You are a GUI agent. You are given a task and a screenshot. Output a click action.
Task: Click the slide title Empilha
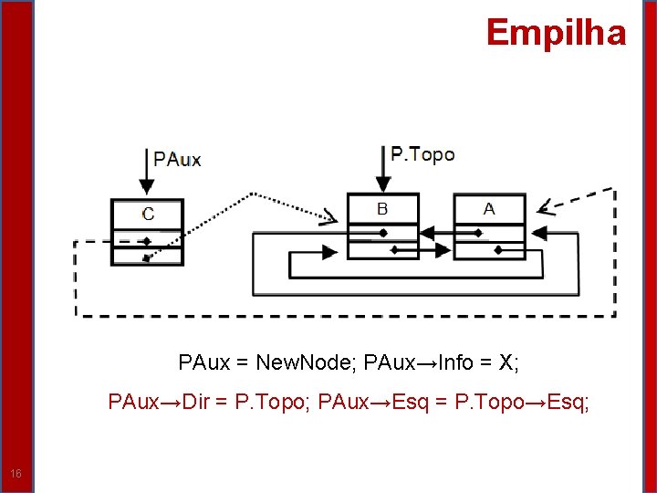(556, 33)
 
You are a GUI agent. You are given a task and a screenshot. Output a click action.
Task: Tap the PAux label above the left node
(177, 160)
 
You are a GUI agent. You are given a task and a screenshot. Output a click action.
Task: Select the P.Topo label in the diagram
(422, 154)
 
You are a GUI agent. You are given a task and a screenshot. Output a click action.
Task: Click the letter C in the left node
(148, 214)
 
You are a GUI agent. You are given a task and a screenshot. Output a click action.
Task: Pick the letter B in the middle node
(382, 209)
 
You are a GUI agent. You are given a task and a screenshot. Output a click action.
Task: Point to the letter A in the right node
(489, 209)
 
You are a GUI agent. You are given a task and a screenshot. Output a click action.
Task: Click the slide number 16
(16, 473)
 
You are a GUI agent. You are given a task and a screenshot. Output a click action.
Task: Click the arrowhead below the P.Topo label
(382, 183)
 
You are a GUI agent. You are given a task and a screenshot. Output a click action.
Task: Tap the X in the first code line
(507, 362)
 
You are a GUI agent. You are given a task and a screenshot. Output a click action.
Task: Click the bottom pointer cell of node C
(147, 257)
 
